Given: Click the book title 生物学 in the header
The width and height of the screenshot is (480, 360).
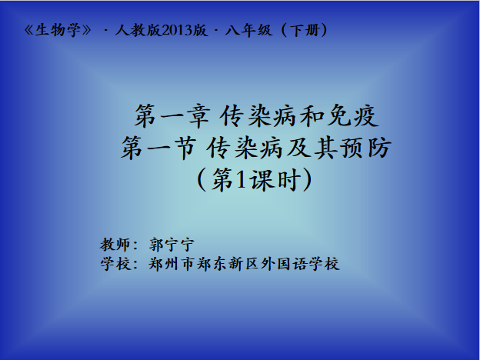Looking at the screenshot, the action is click(x=58, y=30).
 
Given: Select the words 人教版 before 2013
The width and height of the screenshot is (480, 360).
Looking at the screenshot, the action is click(x=138, y=30).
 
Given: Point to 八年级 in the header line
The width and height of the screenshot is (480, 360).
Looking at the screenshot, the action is click(x=248, y=30).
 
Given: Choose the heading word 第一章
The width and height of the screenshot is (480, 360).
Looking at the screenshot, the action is click(x=172, y=115).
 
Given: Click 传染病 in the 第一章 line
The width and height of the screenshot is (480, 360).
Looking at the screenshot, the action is click(x=258, y=115).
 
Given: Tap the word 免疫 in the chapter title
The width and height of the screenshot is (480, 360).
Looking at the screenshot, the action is click(x=352, y=115).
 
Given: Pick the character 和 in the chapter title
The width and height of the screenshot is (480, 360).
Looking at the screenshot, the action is click(x=312, y=115).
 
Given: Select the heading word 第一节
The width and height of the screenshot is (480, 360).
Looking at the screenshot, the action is click(x=158, y=148).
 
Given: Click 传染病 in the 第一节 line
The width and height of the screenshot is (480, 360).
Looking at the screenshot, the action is click(x=244, y=148).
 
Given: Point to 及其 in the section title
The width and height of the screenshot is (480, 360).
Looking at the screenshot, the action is click(x=312, y=148).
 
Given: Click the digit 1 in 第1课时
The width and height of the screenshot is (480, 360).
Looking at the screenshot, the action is click(x=242, y=180).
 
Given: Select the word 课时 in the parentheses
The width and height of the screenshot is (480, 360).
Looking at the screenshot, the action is click(x=275, y=180).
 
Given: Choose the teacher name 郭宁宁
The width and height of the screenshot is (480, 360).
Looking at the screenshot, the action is click(x=172, y=245).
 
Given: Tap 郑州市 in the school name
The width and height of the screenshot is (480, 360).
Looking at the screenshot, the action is click(x=172, y=264).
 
